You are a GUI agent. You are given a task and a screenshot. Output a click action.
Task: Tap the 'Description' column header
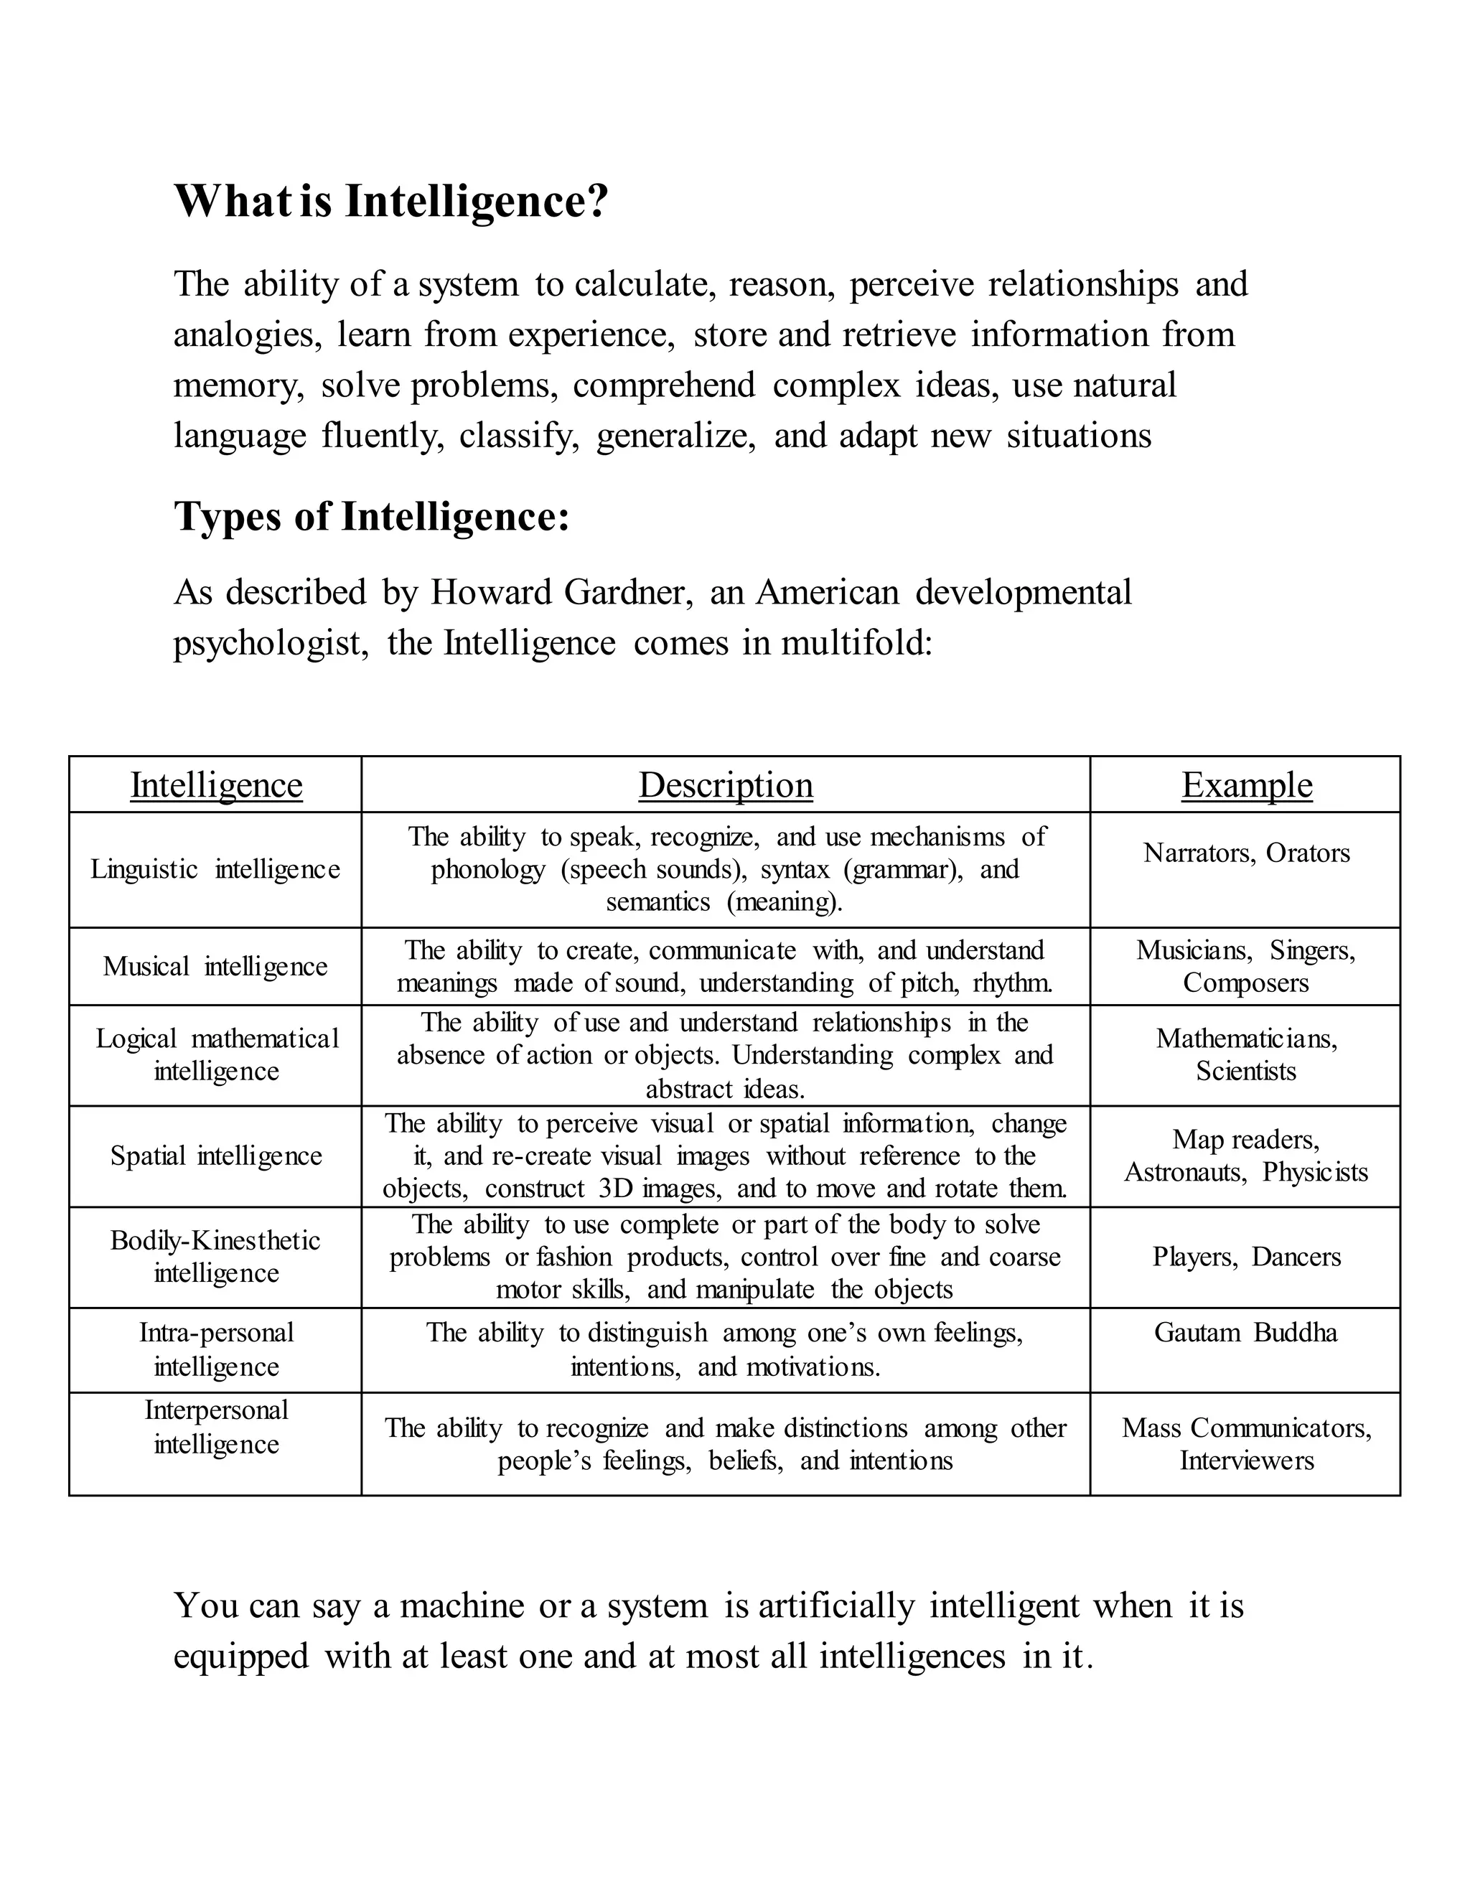pyautogui.click(x=726, y=784)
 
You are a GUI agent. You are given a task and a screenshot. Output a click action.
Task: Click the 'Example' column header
pyautogui.click(x=1246, y=784)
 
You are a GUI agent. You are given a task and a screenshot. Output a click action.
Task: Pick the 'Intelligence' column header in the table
pyautogui.click(x=216, y=784)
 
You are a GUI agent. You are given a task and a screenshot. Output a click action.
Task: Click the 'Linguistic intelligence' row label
pyautogui.click(x=215, y=869)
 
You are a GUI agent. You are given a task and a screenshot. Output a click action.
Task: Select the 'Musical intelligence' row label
pyautogui.click(x=215, y=966)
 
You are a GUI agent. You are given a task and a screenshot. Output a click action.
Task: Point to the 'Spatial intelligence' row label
pyautogui.click(x=216, y=1156)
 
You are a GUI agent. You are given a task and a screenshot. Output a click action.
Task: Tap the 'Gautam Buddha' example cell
pyautogui.click(x=1245, y=1332)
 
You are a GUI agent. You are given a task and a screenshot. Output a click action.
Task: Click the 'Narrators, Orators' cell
pyautogui.click(x=1246, y=853)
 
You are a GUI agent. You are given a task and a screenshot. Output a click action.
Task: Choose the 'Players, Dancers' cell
pyautogui.click(x=1246, y=1257)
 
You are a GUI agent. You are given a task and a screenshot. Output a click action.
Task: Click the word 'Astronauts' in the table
pyautogui.click(x=1184, y=1172)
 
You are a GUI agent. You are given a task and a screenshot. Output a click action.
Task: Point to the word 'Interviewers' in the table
pyautogui.click(x=1246, y=1461)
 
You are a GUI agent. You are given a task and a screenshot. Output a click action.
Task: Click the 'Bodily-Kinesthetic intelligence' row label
pyautogui.click(x=216, y=1257)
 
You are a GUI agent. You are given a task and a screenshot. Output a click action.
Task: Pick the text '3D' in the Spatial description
pyautogui.click(x=616, y=1189)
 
